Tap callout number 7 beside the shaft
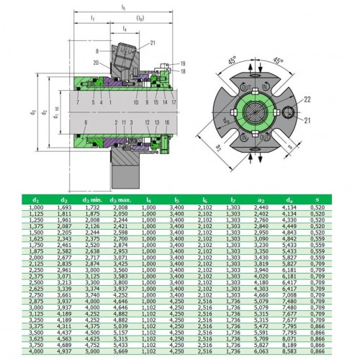coord(58,104)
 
